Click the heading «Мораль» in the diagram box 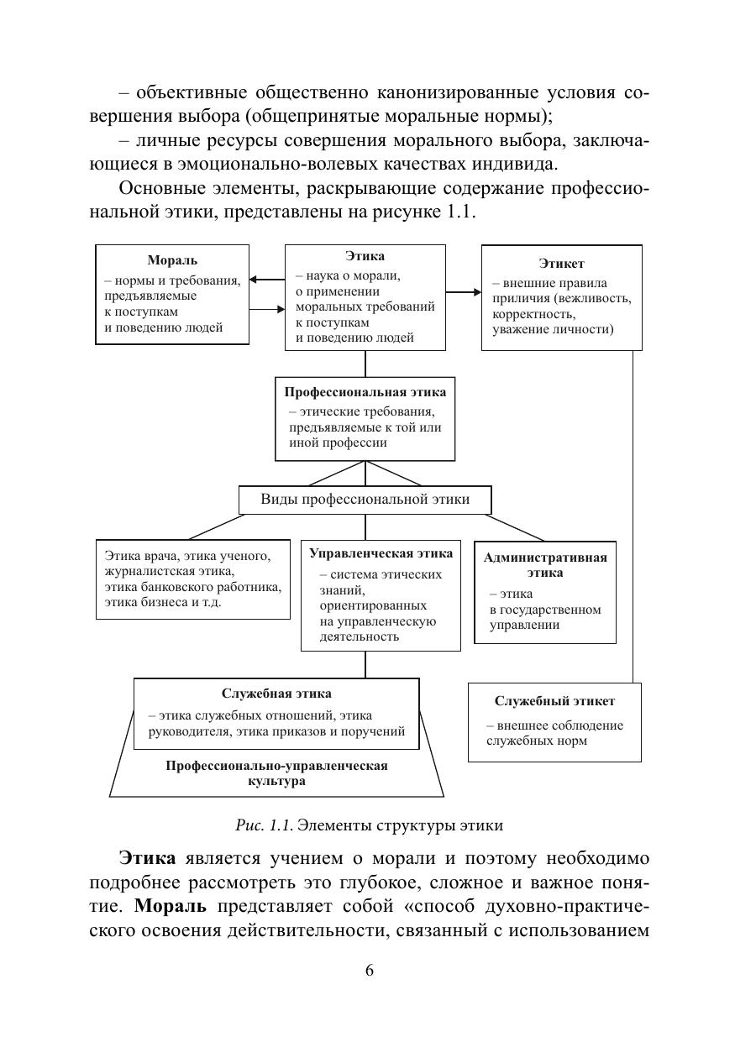tap(172, 260)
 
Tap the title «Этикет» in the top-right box tap(562, 264)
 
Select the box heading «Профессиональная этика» tap(365, 392)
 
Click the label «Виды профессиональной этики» tap(365, 500)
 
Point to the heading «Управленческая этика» tap(381, 553)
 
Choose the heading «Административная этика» tap(544, 564)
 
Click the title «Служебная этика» tap(276, 694)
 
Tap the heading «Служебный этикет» tap(554, 701)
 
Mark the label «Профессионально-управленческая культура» tap(276, 772)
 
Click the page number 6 tap(369, 971)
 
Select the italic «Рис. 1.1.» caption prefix tap(265, 825)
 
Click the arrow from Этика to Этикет tap(463, 292)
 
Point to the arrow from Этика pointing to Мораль tap(267, 280)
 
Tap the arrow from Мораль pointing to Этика tap(268, 309)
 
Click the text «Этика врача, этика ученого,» tap(187, 556)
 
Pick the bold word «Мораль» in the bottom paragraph tap(172, 908)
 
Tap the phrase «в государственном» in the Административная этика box tap(545, 610)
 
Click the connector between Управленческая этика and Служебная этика tap(365, 664)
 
